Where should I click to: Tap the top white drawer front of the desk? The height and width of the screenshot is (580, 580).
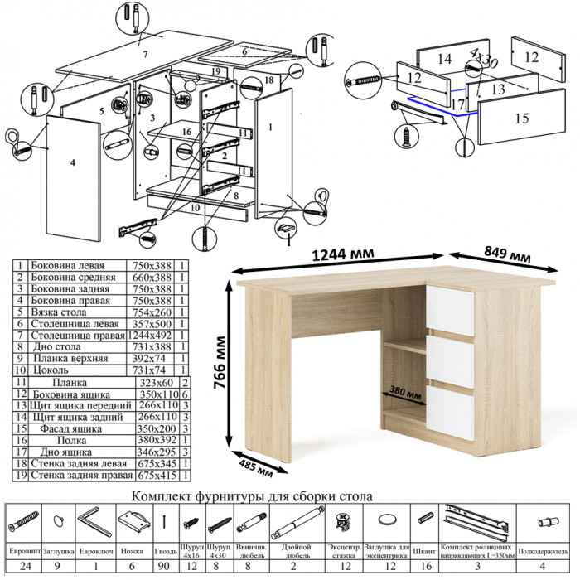click(451, 312)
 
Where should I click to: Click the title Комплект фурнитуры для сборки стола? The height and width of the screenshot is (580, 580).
click(252, 495)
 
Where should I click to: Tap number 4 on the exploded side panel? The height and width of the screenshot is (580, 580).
click(73, 162)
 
